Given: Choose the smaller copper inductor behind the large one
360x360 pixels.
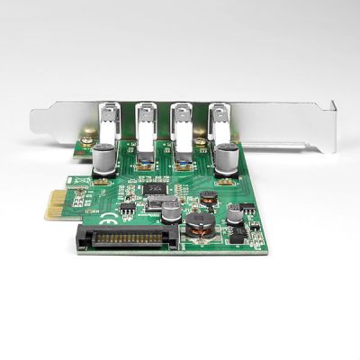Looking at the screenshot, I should [208, 196].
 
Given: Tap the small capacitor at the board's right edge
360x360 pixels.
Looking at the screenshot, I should [234, 213].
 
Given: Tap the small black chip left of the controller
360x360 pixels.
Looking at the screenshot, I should [127, 208].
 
